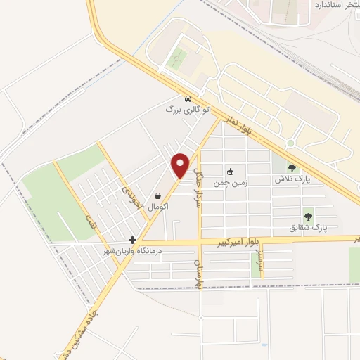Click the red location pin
181,165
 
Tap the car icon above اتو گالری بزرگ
187,99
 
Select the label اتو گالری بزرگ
188,110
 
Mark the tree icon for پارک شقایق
308,216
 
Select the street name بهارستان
198,271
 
